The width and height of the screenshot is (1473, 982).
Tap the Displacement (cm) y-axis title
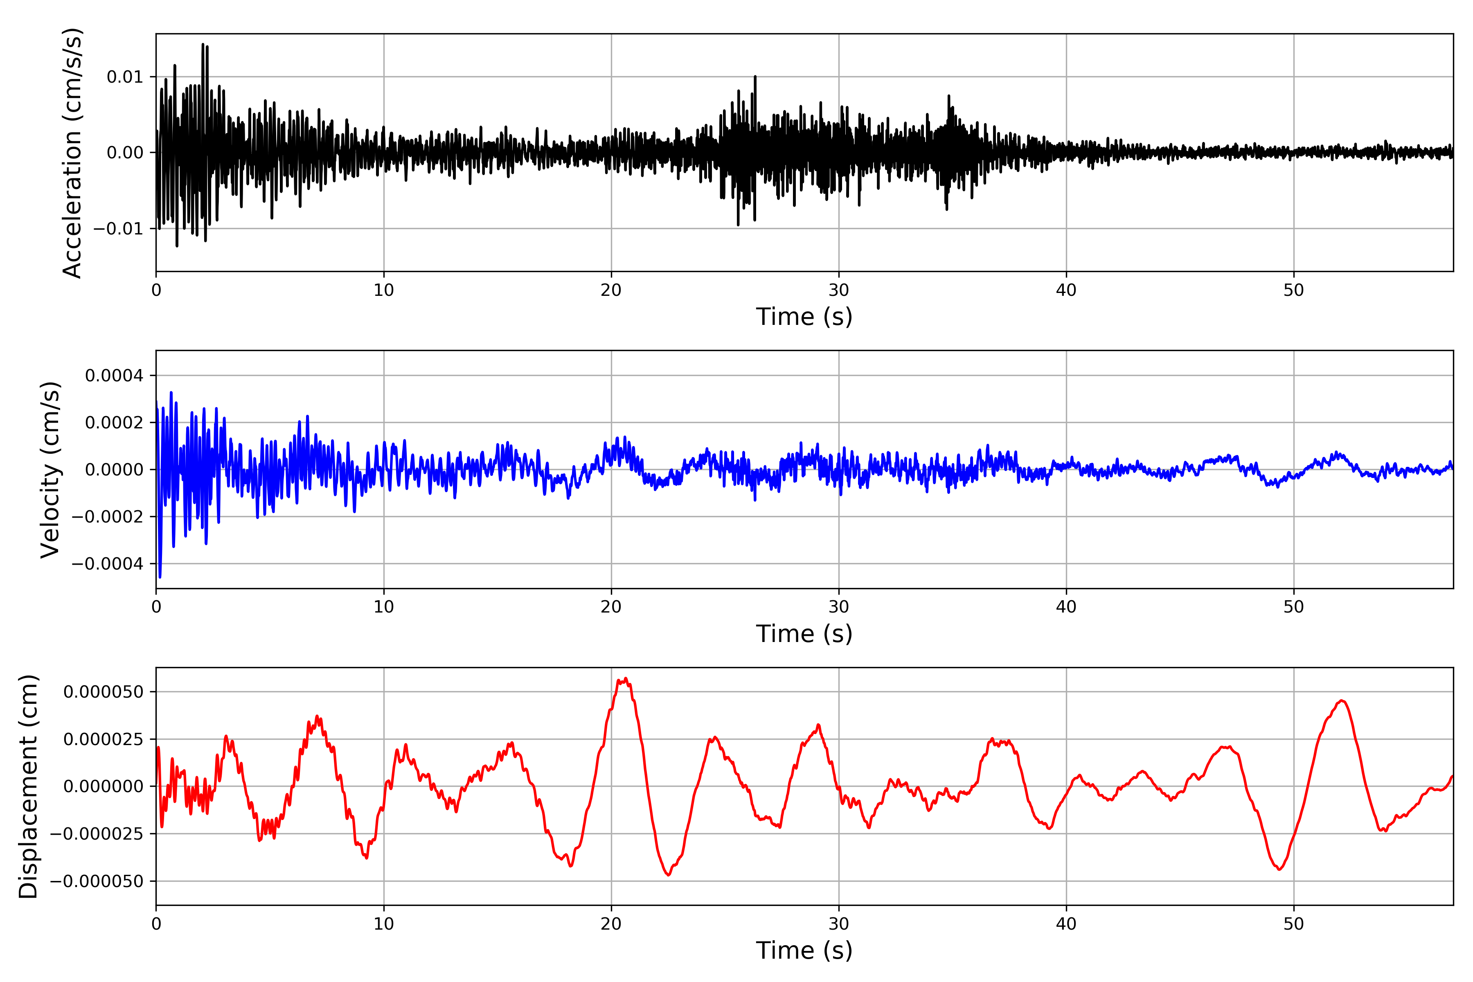pos(28,786)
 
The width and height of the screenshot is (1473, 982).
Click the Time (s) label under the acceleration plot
pos(804,317)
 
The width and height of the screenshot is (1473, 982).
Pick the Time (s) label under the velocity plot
pos(804,634)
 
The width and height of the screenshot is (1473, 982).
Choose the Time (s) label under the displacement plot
pos(804,950)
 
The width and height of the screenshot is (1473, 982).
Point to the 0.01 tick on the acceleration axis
pos(125,77)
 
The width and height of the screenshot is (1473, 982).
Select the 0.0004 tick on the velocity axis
pos(114,376)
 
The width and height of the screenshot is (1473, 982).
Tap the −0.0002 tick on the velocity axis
pos(107,517)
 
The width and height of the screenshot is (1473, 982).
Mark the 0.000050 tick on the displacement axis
pos(104,692)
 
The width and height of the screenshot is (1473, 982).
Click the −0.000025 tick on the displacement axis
pos(97,833)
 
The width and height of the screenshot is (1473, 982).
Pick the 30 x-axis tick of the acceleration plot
pos(838,291)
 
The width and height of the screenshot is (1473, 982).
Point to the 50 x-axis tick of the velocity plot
pos(1293,607)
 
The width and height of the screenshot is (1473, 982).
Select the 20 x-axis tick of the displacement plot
pos(611,924)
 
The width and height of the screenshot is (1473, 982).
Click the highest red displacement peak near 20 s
pos(625,679)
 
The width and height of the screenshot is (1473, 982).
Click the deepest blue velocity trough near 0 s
pos(160,577)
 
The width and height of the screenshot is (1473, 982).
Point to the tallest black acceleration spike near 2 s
pos(203,45)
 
